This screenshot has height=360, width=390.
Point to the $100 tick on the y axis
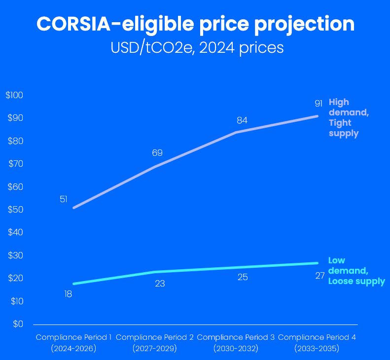[x=14, y=95]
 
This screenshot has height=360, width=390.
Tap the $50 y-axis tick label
[x=15, y=210]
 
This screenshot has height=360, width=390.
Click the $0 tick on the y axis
[x=18, y=324]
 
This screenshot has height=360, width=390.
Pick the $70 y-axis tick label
[x=15, y=164]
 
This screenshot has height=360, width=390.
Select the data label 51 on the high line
[x=64, y=199]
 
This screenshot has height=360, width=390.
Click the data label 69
[x=157, y=153]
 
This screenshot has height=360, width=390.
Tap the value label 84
[x=242, y=120]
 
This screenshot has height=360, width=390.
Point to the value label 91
[x=319, y=104]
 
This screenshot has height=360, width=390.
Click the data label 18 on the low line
[x=69, y=294]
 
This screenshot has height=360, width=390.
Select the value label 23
[x=160, y=284]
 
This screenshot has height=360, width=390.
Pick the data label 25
[x=243, y=277]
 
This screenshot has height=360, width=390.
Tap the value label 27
[x=320, y=276]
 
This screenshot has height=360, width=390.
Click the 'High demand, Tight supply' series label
[x=348, y=117]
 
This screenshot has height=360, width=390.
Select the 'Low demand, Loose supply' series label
[x=356, y=271]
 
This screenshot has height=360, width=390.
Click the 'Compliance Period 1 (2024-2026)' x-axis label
[x=73, y=343]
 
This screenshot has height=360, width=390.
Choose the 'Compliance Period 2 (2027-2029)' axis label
[x=154, y=343]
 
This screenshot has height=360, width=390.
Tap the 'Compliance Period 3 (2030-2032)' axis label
[x=236, y=343]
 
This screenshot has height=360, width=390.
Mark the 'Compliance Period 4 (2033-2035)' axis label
[x=317, y=343]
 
